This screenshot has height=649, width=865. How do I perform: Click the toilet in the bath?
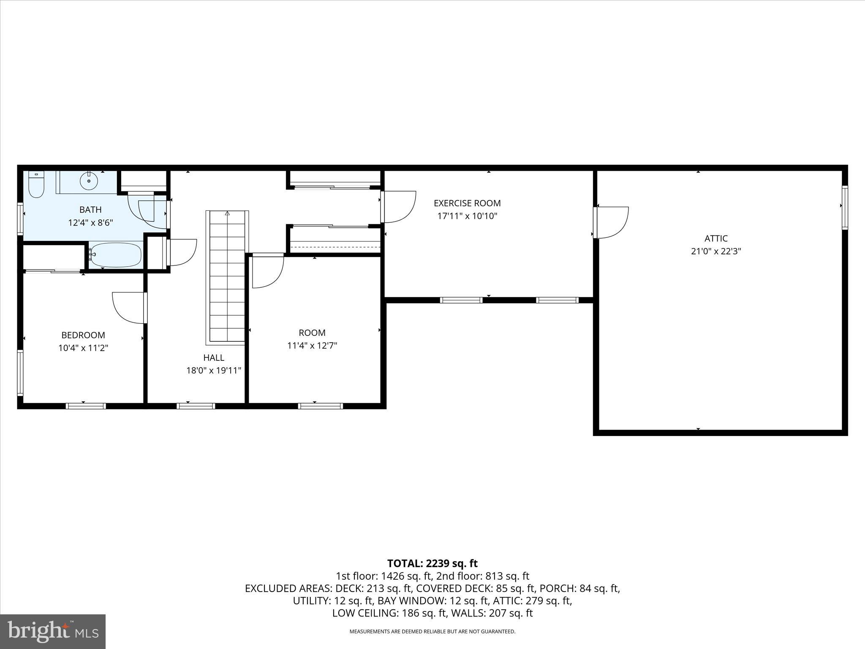(x=36, y=185)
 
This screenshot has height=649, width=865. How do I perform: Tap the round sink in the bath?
(x=89, y=181)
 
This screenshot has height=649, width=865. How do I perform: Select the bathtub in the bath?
(x=115, y=255)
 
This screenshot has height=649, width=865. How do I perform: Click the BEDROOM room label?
(x=83, y=335)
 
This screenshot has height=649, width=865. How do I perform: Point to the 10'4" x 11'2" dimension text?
(x=83, y=348)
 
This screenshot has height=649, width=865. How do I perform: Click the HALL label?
(x=214, y=357)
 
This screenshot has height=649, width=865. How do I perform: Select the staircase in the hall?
(x=227, y=277)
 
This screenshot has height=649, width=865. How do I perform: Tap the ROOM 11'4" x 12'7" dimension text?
(x=312, y=346)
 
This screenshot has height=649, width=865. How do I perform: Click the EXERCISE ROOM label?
(x=467, y=203)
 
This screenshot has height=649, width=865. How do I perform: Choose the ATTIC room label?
(x=716, y=238)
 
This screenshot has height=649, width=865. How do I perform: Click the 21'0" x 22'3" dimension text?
(x=716, y=251)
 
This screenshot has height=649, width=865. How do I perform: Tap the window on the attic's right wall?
(x=845, y=207)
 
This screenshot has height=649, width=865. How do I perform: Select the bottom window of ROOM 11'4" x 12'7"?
(x=320, y=406)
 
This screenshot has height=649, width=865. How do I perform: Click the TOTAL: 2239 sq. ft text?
(x=432, y=563)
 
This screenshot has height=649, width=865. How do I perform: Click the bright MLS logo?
(x=53, y=631)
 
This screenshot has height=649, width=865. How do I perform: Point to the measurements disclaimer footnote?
(x=432, y=632)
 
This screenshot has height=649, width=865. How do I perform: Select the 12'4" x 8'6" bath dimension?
(x=90, y=223)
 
